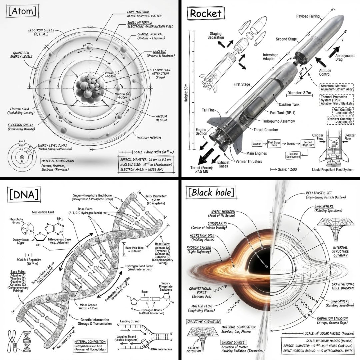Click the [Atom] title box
[22, 12]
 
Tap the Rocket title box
[205, 13]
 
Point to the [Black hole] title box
[211, 192]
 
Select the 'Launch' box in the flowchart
[257, 144]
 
